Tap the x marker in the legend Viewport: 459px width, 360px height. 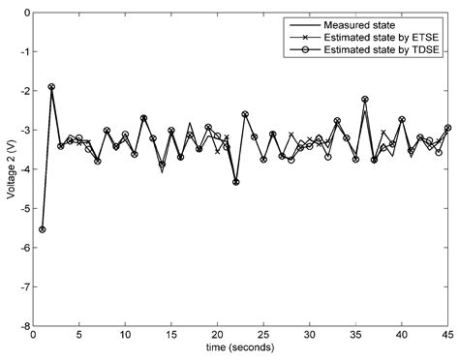[303, 35]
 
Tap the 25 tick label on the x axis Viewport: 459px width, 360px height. [263, 336]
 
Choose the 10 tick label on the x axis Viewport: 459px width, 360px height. [125, 336]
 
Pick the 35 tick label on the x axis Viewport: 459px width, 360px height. [355, 336]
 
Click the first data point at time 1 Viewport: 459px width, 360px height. [42, 229]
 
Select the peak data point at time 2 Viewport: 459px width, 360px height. [51, 86]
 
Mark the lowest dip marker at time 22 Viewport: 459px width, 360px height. [235, 182]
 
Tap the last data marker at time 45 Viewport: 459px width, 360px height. [447, 128]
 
